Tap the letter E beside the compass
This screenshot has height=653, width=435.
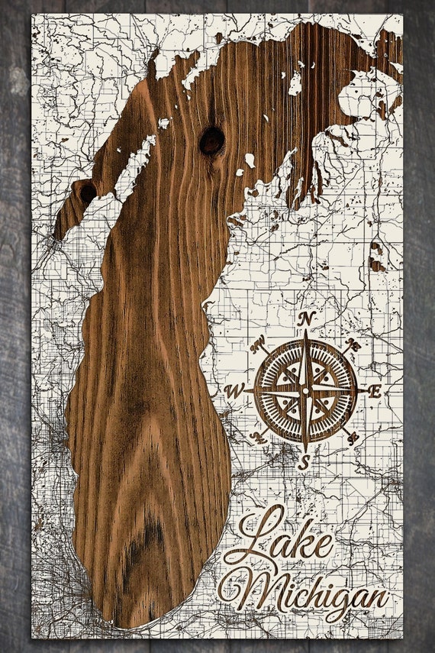tap(374, 390)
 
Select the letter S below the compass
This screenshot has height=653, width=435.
tap(304, 462)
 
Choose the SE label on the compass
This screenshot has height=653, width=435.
tap(353, 438)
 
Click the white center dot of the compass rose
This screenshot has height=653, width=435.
tap(305, 390)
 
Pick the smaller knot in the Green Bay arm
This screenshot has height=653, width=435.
tap(87, 192)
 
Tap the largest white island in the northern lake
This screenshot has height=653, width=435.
tap(295, 82)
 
